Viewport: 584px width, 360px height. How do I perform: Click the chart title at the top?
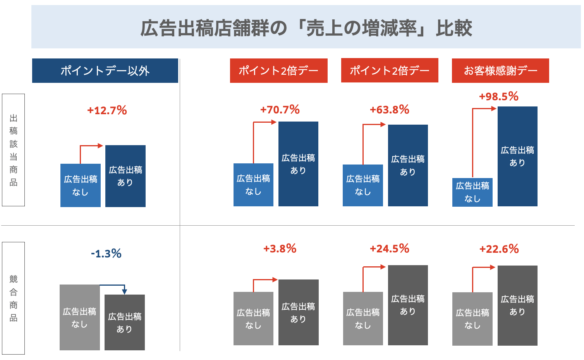point(306,28)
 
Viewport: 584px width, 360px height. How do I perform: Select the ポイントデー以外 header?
point(105,71)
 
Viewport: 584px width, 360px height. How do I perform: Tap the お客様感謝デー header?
point(500,70)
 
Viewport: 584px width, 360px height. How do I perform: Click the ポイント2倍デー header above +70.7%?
point(278,70)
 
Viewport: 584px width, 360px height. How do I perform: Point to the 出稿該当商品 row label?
point(14,150)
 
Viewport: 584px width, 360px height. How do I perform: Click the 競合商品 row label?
point(14,298)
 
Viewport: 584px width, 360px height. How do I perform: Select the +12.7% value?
point(107,110)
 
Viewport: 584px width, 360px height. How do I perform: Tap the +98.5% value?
point(499,96)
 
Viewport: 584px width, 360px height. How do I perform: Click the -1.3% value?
point(106,254)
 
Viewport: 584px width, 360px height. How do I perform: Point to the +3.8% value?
point(280,249)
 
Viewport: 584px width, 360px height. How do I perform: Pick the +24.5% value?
point(389,249)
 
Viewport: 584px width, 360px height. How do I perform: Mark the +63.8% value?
point(389,110)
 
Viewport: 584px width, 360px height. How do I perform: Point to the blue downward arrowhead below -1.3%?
point(124,291)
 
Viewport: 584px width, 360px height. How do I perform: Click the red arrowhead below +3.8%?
point(275,279)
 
